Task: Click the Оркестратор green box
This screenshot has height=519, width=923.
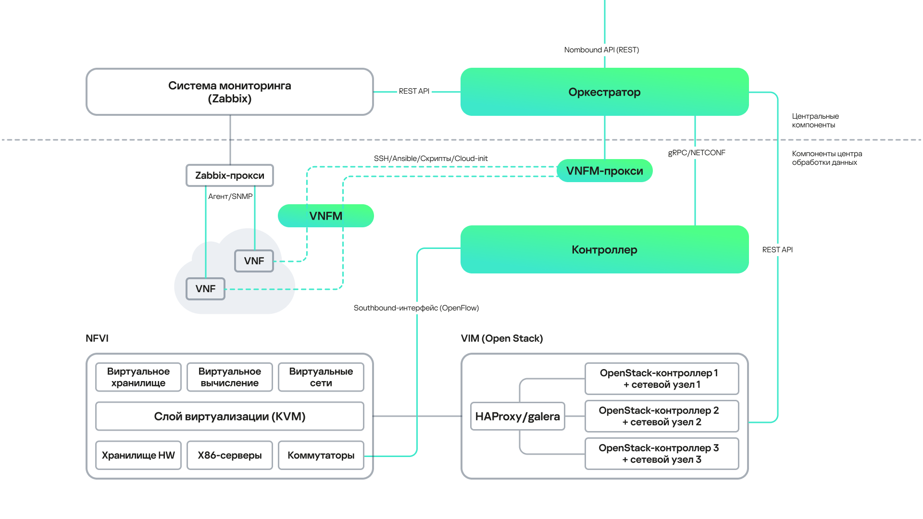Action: tap(604, 92)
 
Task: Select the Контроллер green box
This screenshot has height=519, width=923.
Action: tap(604, 249)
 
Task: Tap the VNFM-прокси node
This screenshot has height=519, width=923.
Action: tap(604, 171)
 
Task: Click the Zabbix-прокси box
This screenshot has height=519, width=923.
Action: tap(229, 175)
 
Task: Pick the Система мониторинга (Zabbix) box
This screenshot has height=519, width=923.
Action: tap(229, 92)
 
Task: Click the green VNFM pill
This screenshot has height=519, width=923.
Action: tap(325, 216)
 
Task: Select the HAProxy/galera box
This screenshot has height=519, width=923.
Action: tap(517, 416)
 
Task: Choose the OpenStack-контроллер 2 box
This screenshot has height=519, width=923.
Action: tap(661, 416)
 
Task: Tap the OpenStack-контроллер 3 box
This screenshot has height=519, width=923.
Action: tap(661, 454)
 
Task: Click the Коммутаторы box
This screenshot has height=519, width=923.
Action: tap(321, 455)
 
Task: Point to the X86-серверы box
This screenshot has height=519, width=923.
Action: tap(229, 455)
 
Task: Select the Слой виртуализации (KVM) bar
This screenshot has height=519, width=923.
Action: tap(229, 416)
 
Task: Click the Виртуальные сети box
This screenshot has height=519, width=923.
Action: tap(321, 377)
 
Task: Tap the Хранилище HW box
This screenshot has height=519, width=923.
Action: tap(138, 455)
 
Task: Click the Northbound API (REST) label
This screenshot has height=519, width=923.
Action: tap(601, 50)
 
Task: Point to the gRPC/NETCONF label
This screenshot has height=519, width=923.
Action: tap(697, 153)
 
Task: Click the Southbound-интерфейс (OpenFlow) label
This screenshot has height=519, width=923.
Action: tap(416, 308)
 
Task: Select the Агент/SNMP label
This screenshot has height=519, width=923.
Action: tap(230, 197)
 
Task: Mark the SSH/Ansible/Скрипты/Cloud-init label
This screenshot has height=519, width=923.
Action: tap(431, 159)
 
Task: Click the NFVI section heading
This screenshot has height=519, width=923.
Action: tap(97, 338)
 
